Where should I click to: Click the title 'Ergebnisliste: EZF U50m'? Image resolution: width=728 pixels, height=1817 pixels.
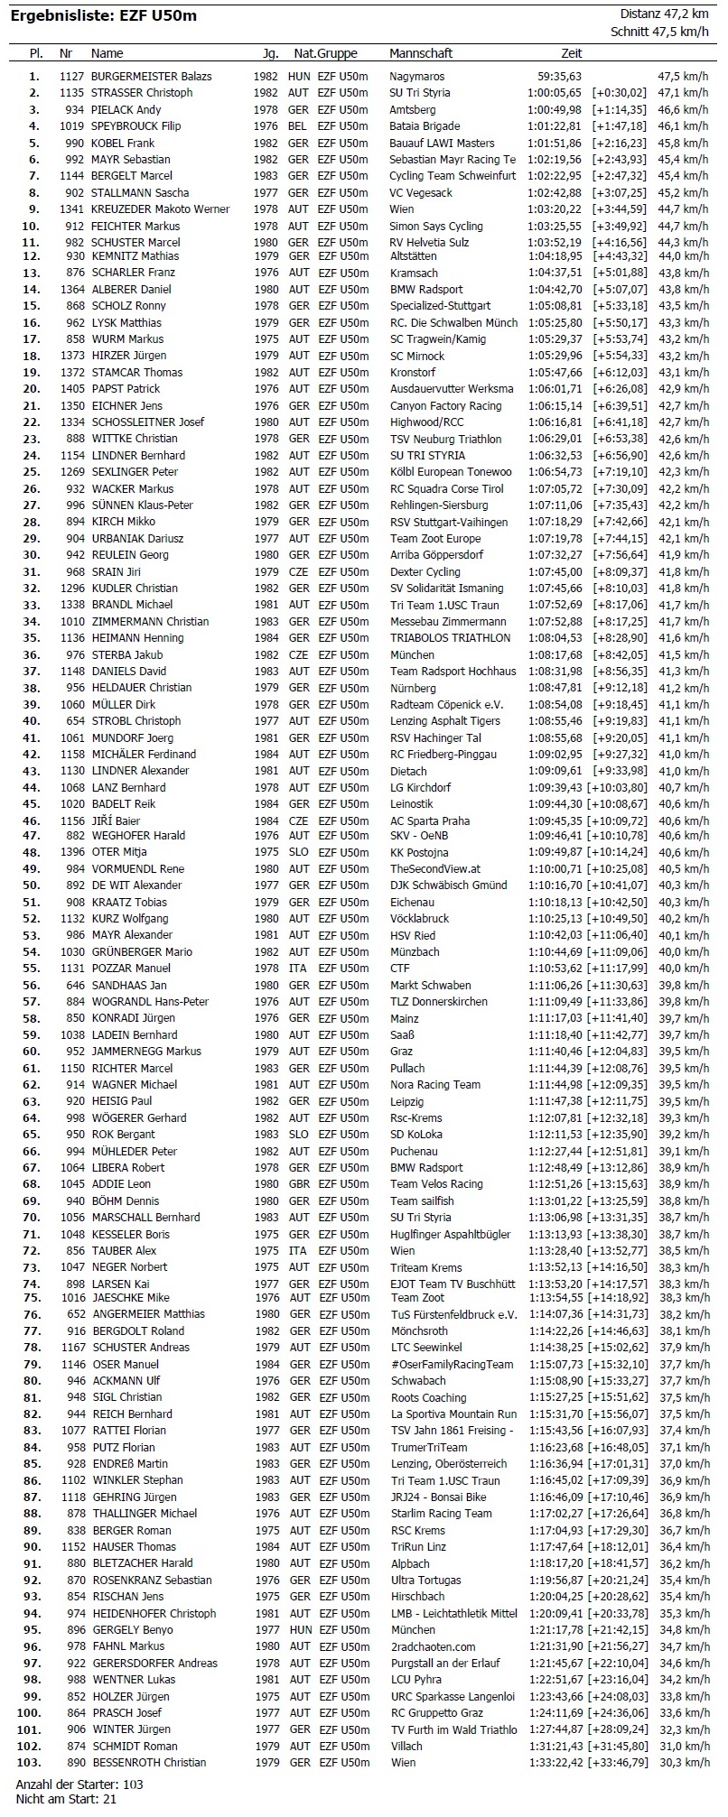pos(103,15)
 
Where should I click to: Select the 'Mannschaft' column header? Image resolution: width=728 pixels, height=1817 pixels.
pos(421,53)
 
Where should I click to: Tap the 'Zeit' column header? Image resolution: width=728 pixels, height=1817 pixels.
pos(572,53)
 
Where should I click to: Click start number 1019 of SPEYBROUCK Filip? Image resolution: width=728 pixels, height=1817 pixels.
pos(73,126)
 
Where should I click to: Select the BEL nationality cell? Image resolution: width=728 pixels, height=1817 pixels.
pos(298,126)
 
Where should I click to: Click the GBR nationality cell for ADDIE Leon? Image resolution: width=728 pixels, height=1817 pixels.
pos(298,1184)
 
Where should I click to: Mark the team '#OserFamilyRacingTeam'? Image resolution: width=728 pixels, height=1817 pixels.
pos(452,1365)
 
